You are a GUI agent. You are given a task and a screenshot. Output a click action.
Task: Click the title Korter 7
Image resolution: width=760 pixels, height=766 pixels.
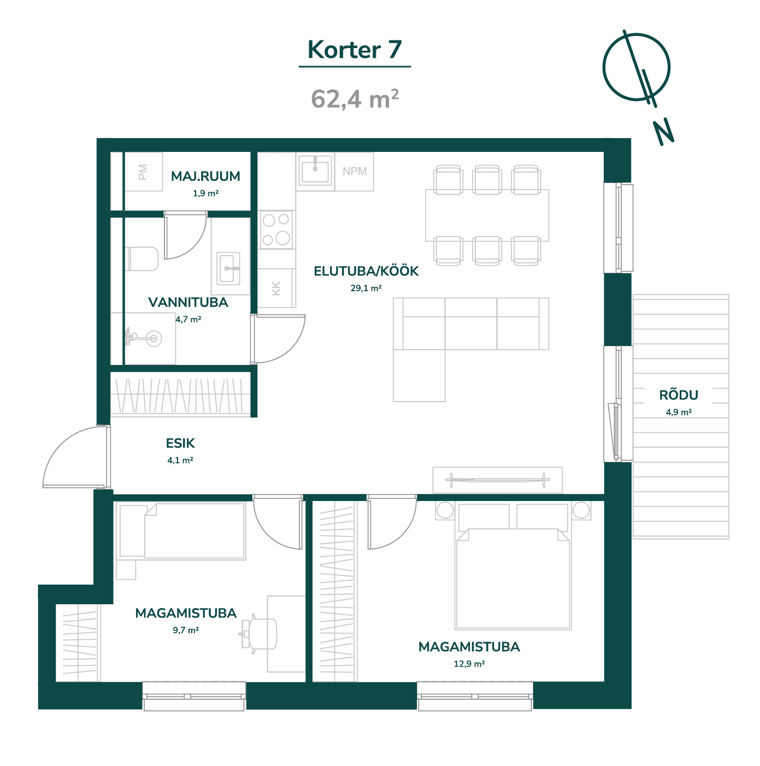coord(354,50)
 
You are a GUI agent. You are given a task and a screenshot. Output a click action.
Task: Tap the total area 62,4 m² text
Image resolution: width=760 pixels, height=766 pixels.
coord(355,98)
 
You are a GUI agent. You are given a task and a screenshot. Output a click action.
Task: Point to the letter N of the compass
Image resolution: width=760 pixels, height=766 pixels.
coord(663,132)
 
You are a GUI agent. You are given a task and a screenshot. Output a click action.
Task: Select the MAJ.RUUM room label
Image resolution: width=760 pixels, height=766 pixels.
coord(205,176)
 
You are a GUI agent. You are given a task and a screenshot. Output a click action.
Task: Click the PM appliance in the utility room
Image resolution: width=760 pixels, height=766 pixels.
coord(143,172)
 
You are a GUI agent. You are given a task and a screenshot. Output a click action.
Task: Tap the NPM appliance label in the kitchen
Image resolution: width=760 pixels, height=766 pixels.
coord(355,172)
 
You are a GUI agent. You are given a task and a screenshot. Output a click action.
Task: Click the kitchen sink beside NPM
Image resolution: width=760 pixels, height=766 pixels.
coord(315,170)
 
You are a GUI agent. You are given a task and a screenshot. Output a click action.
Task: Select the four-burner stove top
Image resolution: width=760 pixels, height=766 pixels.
coord(276,230)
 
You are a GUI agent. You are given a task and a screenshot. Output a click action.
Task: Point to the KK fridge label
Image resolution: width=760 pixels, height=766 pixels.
coord(275,288)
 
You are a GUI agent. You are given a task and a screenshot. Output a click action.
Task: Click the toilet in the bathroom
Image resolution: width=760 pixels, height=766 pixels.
coord(142,259)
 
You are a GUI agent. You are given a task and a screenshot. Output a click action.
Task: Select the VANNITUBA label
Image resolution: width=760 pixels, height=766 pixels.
coord(188,302)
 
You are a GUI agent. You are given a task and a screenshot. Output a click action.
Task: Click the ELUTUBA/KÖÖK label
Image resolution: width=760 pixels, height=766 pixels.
coord(366,270)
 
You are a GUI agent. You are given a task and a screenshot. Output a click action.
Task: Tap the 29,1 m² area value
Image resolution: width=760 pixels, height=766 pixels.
coord(366,288)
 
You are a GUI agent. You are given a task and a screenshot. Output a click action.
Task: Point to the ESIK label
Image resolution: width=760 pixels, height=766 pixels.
coord(180,443)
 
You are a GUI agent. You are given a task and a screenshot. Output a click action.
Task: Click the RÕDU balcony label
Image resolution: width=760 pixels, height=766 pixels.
coord(679,394)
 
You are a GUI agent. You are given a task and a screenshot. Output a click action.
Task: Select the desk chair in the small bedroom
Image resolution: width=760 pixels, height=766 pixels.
coord(258,634)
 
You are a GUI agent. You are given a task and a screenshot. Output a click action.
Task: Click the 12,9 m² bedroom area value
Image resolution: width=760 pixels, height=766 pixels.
coord(469,663)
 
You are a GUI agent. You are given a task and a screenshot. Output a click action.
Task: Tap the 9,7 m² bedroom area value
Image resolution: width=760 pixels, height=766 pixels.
coord(186,629)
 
